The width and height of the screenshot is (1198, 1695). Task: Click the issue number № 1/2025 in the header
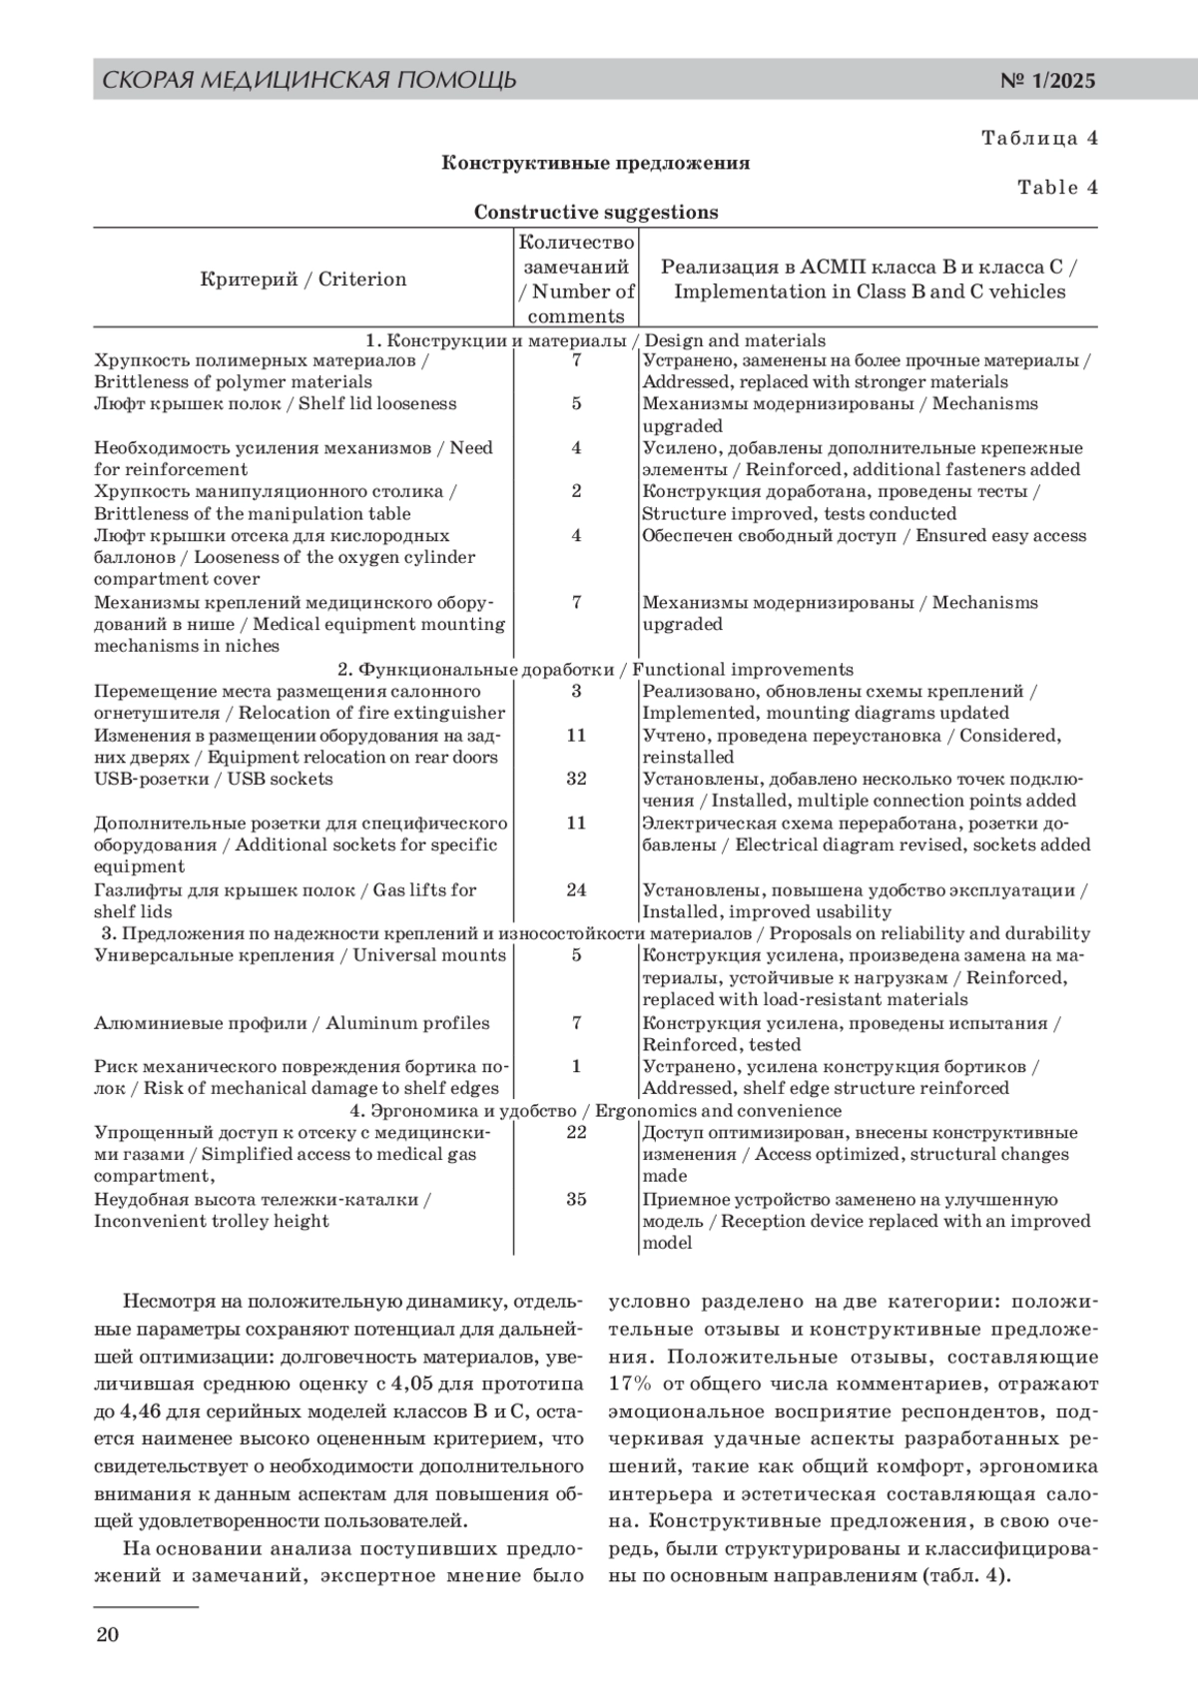point(1047,81)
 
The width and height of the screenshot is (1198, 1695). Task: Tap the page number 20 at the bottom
point(107,1634)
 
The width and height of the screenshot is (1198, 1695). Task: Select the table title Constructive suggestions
point(596,212)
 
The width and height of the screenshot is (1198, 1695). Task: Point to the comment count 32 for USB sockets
point(576,779)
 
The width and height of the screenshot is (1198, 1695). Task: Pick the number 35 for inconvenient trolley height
point(576,1199)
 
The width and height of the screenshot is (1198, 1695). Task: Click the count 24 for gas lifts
point(576,889)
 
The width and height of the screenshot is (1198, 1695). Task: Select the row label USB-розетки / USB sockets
point(214,779)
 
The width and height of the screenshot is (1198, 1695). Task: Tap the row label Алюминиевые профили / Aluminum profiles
point(292,1022)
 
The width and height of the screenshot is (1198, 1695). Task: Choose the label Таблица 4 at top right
point(1039,138)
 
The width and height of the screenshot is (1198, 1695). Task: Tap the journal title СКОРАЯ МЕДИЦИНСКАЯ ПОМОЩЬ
point(309,80)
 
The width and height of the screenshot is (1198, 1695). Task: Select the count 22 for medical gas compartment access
point(576,1132)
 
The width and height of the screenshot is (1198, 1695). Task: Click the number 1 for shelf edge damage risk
point(576,1066)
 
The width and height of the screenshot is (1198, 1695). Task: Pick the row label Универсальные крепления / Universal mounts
point(299,955)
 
